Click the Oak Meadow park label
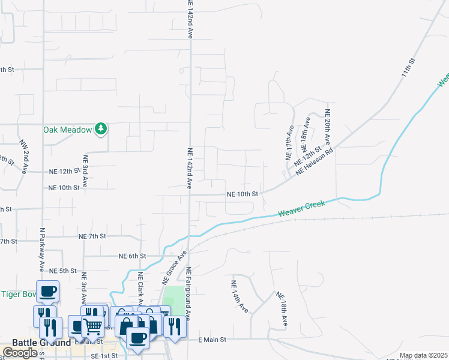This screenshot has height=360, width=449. point(67,130)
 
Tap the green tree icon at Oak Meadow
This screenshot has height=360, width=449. point(101,129)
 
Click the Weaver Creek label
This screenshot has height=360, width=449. point(301,209)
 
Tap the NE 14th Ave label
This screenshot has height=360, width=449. point(240,296)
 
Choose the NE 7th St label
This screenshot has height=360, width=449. point(92,237)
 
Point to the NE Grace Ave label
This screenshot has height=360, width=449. point(172,268)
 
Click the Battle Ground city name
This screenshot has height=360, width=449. point(37,343)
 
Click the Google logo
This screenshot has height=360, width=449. point(20,353)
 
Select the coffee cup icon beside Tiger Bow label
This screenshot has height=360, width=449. point(48,292)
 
